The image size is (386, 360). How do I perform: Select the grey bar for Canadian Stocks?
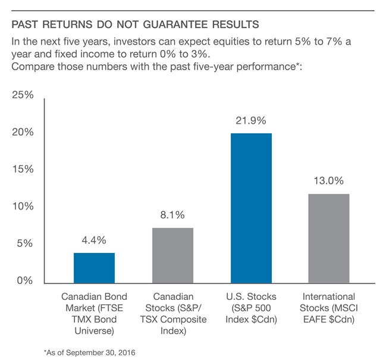[x=172, y=254]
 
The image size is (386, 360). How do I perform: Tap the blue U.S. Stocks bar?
[x=252, y=207]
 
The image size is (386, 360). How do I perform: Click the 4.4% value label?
[x=94, y=240]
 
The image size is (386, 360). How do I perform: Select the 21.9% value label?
[x=252, y=120]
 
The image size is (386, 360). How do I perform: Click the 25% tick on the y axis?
[x=23, y=95]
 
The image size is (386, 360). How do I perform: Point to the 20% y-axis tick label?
[x=23, y=132]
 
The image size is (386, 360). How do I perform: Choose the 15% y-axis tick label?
[x=23, y=169]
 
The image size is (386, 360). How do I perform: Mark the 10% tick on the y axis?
[x=23, y=206]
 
